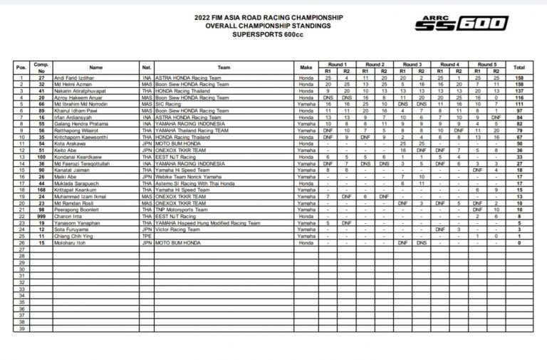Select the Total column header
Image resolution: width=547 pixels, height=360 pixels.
tap(519, 67)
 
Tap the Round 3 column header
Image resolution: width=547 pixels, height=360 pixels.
tap(412, 63)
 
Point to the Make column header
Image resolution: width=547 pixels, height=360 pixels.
tap(306, 67)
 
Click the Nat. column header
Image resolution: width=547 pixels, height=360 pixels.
tap(146, 67)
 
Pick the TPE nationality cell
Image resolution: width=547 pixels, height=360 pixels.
tap(146, 236)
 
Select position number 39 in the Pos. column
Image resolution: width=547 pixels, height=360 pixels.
tap(22, 329)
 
